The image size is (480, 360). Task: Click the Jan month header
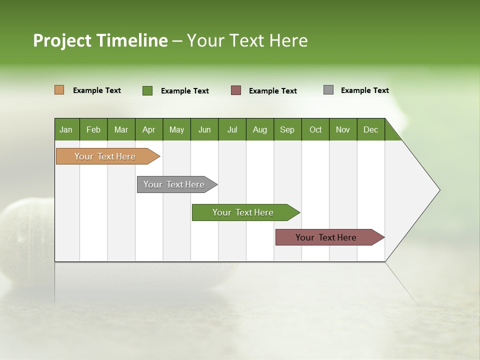point(66,129)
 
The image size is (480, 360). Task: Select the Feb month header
point(93,129)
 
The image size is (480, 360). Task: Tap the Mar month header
point(121,129)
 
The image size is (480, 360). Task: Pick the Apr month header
point(149,129)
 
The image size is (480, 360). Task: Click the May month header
point(176,129)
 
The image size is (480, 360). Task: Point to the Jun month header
point(204,129)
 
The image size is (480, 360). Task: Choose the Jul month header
point(232,129)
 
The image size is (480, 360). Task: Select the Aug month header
point(260,129)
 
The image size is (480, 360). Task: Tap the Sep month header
point(287,129)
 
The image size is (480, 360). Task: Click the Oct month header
point(315,129)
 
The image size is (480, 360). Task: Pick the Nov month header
point(343,129)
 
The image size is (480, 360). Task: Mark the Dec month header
point(371,129)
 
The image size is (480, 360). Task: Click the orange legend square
point(59,90)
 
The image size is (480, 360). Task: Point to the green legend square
point(147,90)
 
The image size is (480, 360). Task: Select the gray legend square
point(328,90)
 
